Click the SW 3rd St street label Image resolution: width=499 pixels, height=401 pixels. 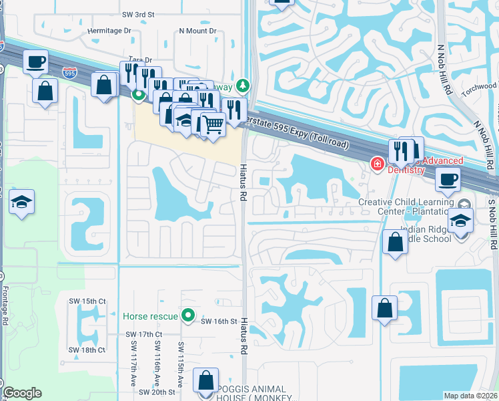coord(139,14)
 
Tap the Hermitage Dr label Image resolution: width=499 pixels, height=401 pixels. coord(109,31)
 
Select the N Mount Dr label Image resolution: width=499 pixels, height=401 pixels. coord(198,31)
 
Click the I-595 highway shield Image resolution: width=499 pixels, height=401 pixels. coord(69,70)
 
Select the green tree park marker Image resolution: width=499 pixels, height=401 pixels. coord(243,85)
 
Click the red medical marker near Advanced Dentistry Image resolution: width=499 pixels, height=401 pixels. coord(376,162)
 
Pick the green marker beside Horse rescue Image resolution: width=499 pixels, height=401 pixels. coord(189,315)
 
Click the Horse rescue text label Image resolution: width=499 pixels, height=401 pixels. coord(151,315)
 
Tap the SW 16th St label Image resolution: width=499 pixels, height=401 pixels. coord(219,321)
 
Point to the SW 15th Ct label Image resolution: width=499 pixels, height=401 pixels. coord(88,301)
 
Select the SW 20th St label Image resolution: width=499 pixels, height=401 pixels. coord(158,392)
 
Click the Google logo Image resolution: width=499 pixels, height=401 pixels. coord(22,393)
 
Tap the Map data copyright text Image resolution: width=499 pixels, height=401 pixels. coord(470,396)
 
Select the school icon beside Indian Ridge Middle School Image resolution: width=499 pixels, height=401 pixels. coord(460,221)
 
